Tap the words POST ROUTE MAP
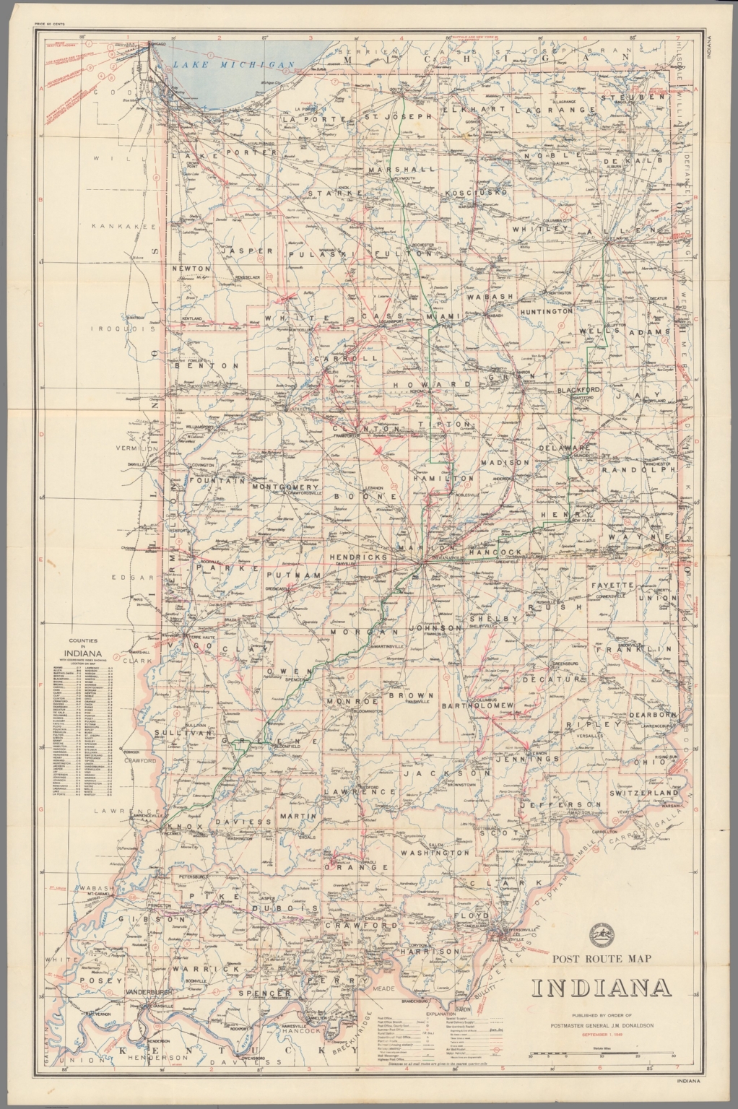(602, 959)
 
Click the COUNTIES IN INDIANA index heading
(85, 648)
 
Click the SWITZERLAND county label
(643, 793)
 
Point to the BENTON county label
(207, 366)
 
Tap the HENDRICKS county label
(358, 557)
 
